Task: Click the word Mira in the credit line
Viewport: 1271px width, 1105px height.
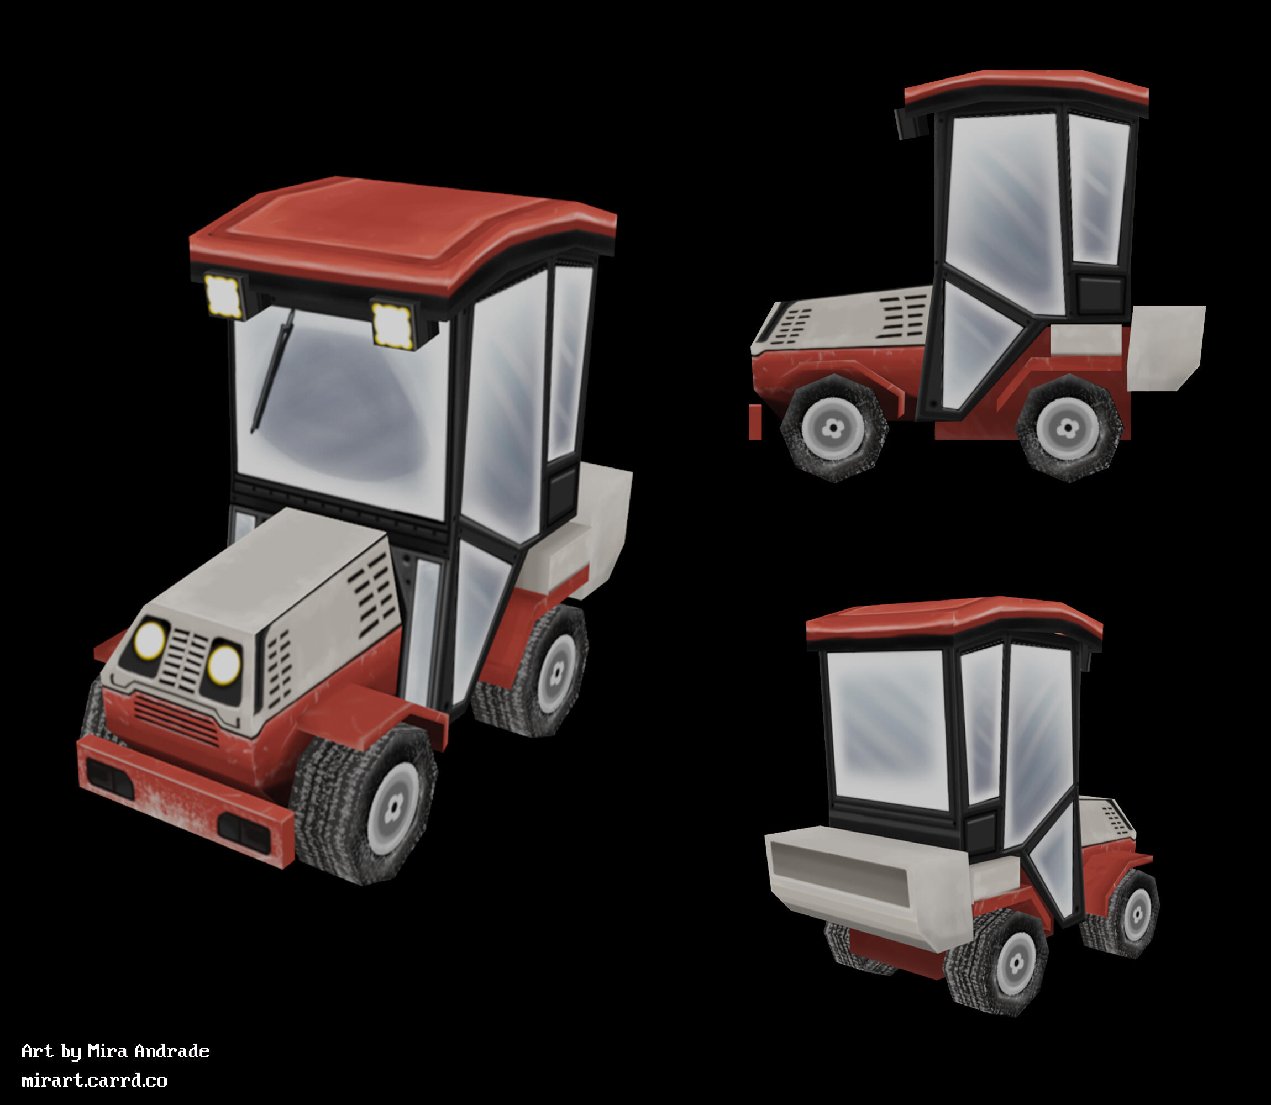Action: pyautogui.click(x=108, y=1051)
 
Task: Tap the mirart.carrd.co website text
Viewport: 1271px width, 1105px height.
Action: pyautogui.click(x=94, y=1080)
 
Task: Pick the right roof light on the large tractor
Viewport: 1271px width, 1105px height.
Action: pyautogui.click(x=392, y=324)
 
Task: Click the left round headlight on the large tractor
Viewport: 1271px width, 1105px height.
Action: pyautogui.click(x=150, y=639)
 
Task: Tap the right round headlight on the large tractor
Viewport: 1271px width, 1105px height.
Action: pyautogui.click(x=223, y=664)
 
